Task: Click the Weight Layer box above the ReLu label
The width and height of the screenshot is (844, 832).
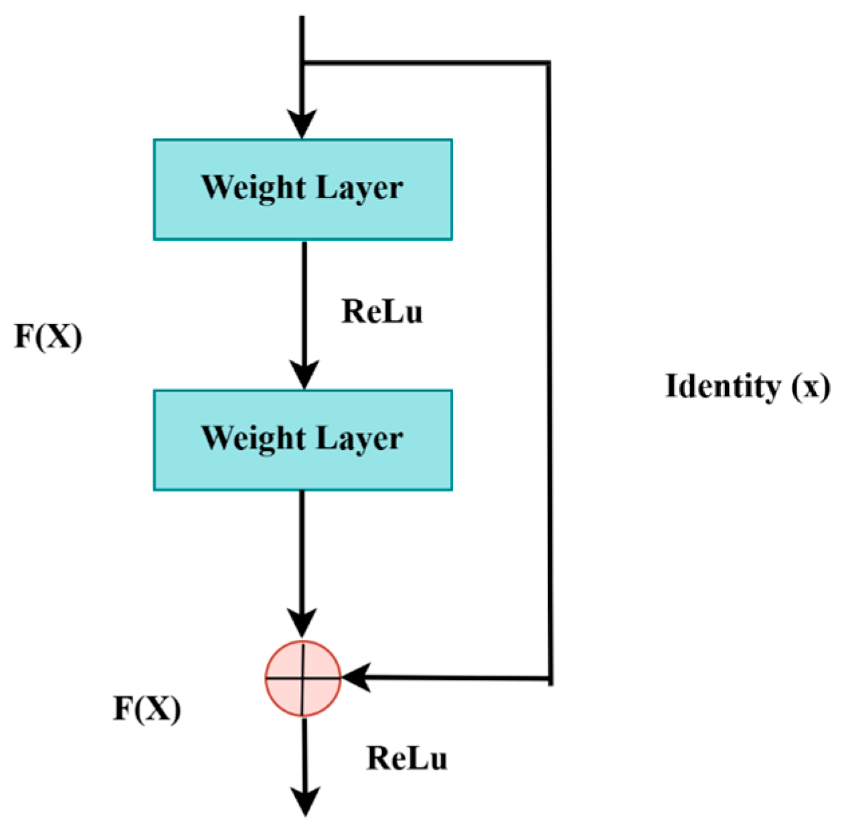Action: pos(303,189)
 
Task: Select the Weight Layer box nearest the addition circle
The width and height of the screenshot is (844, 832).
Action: pos(303,440)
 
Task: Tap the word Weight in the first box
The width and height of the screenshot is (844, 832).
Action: pos(254,188)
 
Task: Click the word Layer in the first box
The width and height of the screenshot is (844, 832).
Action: pos(359,188)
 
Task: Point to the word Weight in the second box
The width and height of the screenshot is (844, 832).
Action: pos(254,438)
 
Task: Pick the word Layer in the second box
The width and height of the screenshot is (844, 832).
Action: pos(359,438)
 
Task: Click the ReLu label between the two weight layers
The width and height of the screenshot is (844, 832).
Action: pos(382,312)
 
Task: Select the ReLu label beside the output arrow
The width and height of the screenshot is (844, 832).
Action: pos(407,758)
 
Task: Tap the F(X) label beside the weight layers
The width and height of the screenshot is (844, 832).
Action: pos(48,336)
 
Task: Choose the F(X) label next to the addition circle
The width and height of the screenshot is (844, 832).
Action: pos(147,709)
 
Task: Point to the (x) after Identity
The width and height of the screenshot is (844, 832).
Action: pos(811,386)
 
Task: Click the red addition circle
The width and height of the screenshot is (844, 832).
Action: pos(303,678)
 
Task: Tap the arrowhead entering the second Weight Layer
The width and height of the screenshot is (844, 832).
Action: pos(304,376)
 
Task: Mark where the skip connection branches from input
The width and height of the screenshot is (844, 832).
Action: pos(303,63)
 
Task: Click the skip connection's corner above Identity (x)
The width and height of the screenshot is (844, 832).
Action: pos(550,64)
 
